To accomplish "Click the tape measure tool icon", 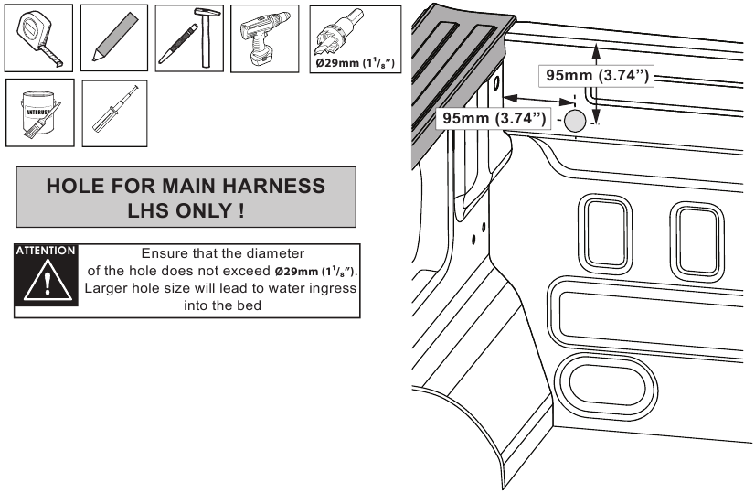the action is tap(38, 38).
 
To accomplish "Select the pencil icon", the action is tap(114, 38).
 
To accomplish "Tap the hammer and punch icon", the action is tap(189, 38).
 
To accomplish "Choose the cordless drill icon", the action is tap(264, 38).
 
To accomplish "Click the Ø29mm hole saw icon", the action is tap(356, 39).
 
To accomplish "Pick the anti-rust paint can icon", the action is tap(40, 113).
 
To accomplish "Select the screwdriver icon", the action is tap(114, 113).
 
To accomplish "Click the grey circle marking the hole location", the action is tap(574, 121).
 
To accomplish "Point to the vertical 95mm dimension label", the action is tap(597, 75).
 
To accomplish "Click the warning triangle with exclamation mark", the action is tap(48, 281).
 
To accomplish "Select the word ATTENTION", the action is tap(46, 251).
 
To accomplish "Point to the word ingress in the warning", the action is tap(333, 289).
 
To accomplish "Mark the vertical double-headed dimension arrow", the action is tap(596, 85).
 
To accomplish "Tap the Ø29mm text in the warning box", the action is tap(296, 272).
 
